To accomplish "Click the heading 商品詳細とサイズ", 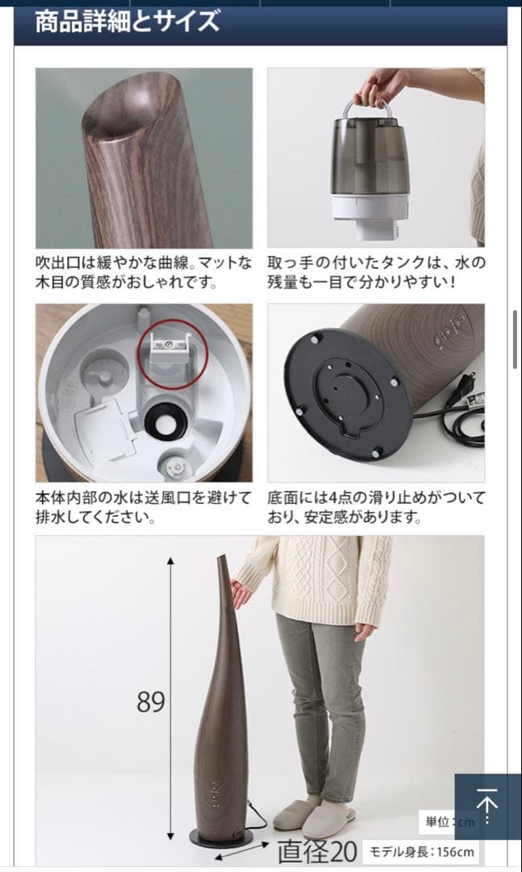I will [x=127, y=22].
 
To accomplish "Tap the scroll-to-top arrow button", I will [x=486, y=805].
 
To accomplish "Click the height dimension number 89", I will [x=150, y=702].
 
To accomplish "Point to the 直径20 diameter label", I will [x=318, y=851].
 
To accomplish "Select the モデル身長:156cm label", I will [x=422, y=851].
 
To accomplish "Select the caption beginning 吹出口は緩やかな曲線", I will [x=144, y=272].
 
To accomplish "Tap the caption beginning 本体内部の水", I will [x=144, y=506].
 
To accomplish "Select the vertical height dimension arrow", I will [x=170, y=699].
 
